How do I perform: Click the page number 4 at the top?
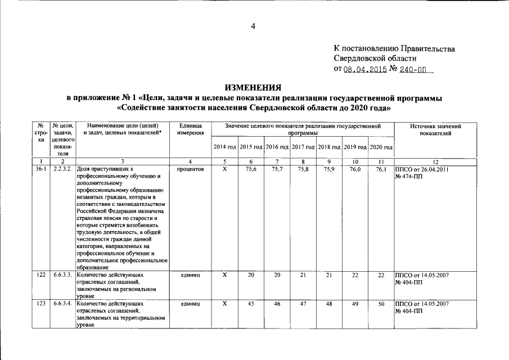point(254,25)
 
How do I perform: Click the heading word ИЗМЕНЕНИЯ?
point(254,88)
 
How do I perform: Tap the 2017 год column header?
point(303,147)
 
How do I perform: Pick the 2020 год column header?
point(381,147)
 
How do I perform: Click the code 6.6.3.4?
point(62,304)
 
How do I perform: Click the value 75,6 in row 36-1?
point(251,169)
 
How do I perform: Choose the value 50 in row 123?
point(381,304)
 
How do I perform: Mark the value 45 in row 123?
point(251,304)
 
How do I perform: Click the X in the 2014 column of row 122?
point(224,274)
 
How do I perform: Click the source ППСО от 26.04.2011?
point(422,169)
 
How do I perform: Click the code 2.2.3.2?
point(62,169)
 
